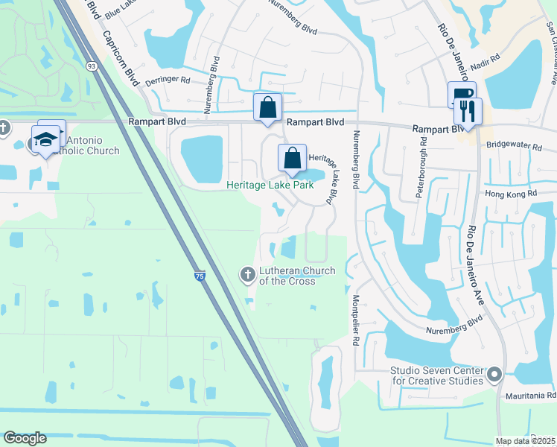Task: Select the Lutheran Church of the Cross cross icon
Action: pos(247,275)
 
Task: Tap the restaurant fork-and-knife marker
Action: pos(468,112)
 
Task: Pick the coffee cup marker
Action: pos(461,95)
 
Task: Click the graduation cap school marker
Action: pos(45,139)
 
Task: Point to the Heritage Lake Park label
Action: pos(270,185)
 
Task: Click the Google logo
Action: pos(25,438)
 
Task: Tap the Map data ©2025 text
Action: pos(525,441)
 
